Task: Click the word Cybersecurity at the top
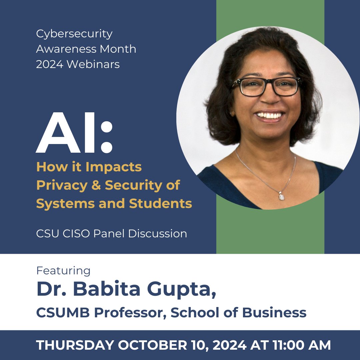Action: (74, 34)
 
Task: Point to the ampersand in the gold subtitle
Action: (95, 185)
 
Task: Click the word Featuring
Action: (63, 271)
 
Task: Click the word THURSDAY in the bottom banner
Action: (75, 345)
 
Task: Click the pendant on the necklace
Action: (282, 196)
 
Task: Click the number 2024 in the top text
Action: (50, 64)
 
